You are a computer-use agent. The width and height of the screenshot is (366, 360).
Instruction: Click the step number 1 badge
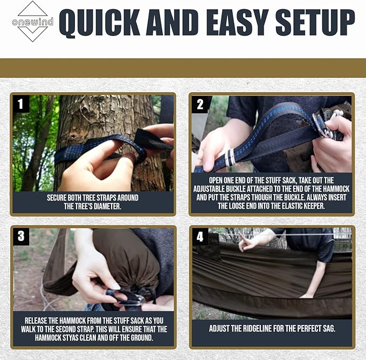pyautogui.click(x=20, y=103)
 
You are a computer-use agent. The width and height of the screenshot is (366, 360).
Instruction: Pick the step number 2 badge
pyautogui.click(x=199, y=103)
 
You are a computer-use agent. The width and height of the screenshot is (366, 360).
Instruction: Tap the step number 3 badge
pyautogui.click(x=20, y=236)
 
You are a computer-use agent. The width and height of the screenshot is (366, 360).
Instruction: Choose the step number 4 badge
pyautogui.click(x=199, y=236)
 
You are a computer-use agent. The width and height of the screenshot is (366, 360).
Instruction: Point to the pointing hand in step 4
pyautogui.click(x=248, y=243)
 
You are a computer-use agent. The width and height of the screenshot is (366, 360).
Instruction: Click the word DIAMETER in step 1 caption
pyautogui.click(x=111, y=206)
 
